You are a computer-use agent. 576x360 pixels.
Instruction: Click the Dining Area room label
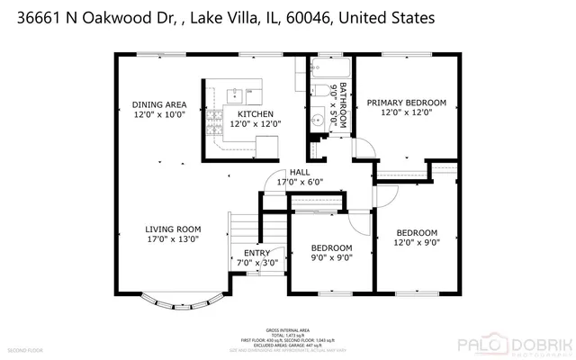click(x=159, y=103)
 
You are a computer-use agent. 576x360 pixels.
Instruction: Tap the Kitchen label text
click(x=256, y=114)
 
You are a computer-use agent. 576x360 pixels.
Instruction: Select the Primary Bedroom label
click(x=406, y=103)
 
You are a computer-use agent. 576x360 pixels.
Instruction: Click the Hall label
click(x=300, y=173)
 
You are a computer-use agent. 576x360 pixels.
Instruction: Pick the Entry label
click(x=257, y=253)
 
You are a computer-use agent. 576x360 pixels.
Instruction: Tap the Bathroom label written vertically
click(x=343, y=108)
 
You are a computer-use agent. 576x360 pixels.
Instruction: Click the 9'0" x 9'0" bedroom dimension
click(x=331, y=257)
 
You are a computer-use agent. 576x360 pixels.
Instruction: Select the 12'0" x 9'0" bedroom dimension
click(x=417, y=242)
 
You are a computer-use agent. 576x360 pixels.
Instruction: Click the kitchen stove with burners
click(x=212, y=132)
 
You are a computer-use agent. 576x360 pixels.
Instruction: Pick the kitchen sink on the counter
click(x=238, y=91)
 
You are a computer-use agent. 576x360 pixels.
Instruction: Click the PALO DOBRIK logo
click(x=508, y=343)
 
